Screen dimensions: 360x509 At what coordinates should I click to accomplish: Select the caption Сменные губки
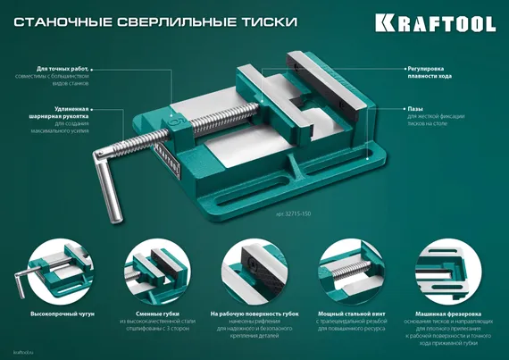(x=155, y=314)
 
